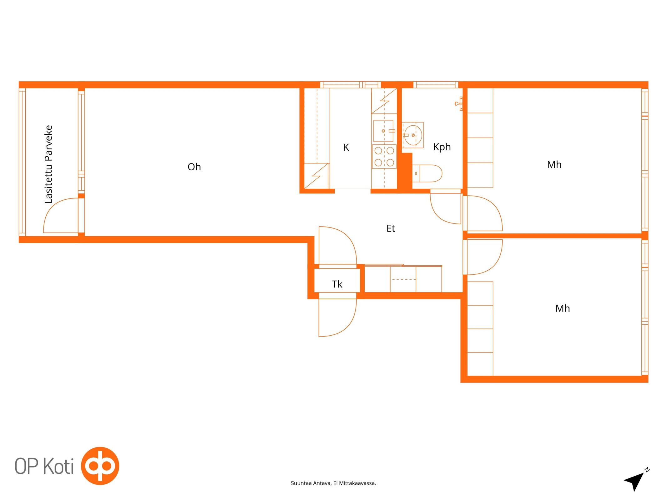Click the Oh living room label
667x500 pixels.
point(194,167)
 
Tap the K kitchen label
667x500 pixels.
point(346,147)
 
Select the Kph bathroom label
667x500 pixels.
point(442,147)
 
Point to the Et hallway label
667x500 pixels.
point(391,228)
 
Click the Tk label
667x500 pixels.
point(337,284)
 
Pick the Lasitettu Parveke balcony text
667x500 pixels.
point(49,164)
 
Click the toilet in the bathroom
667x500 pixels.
point(427,173)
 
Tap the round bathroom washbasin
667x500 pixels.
point(413,135)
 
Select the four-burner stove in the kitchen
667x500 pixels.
point(384,157)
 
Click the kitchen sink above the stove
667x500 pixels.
point(383,131)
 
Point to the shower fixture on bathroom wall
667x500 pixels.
point(459,103)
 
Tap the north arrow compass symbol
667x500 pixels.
point(636,481)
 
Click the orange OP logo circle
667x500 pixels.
point(100,466)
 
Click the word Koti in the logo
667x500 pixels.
point(58,466)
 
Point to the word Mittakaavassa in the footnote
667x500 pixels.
point(357,483)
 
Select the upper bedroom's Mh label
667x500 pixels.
point(554,165)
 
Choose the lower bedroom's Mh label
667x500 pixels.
point(563,308)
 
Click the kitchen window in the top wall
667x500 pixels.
point(351,85)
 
